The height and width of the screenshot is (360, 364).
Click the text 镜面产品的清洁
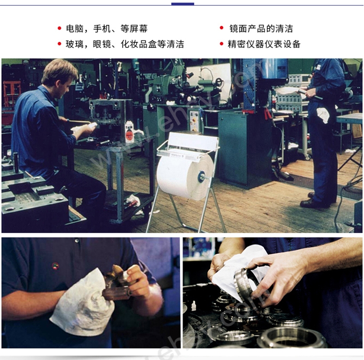pos(261,29)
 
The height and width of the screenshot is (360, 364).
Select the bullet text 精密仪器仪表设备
pos(264,44)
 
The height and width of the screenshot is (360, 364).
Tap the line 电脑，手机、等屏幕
pos(107,29)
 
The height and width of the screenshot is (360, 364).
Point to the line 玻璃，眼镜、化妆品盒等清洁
pos(125,44)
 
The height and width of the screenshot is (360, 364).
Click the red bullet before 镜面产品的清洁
pos(222,28)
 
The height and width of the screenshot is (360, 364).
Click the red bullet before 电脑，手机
pos(59,28)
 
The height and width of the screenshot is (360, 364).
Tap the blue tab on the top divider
pos(183,4)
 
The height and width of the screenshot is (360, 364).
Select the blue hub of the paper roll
pos(201,177)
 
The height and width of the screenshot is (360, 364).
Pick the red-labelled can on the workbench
pos(129,132)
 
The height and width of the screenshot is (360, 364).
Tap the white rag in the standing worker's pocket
pos(323,114)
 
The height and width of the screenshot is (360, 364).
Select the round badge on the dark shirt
pos(55,266)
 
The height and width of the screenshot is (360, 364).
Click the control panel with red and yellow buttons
pos(194,121)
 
